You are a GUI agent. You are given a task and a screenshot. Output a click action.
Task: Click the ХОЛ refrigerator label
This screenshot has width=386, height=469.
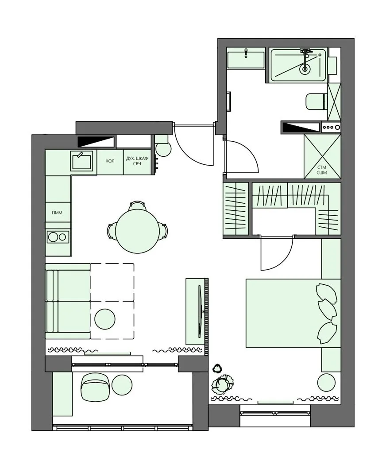pyautogui.click(x=110, y=161)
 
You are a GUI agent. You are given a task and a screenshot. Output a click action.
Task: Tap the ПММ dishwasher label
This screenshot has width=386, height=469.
pyautogui.click(x=57, y=213)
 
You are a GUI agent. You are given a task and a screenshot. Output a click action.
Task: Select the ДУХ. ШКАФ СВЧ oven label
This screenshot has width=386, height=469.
pyautogui.click(x=137, y=161)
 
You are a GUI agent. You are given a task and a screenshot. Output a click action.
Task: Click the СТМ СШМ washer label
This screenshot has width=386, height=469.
pyautogui.click(x=322, y=170)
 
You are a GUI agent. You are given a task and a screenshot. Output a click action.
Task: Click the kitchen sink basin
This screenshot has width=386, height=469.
pyautogui.click(x=81, y=161)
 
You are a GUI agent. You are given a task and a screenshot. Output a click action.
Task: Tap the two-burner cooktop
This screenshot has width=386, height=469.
pyautogui.click(x=58, y=237)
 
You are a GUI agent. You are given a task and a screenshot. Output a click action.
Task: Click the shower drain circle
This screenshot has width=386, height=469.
pyautogui.click(x=305, y=69)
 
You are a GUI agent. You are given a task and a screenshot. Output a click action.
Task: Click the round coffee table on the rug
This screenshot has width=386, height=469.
pyautogui.click(x=105, y=319)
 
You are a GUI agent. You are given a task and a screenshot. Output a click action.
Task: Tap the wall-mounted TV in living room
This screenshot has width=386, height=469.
pyautogui.click(x=200, y=311)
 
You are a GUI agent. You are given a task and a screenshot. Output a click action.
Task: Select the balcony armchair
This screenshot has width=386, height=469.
pyautogui.click(x=95, y=387)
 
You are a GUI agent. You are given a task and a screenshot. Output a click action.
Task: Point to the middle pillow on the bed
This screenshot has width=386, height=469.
pyautogui.click(x=328, y=309)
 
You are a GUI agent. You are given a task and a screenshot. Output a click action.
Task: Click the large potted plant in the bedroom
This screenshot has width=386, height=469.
pyautogui.click(x=223, y=384)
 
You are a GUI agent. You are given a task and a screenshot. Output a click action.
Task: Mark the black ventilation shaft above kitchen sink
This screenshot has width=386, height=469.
pyautogui.click(x=96, y=141)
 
